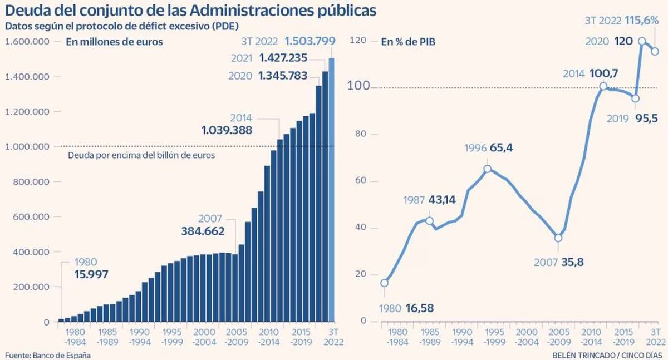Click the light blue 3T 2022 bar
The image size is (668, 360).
click(x=332, y=190)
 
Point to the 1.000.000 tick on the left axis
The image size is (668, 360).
click(x=27, y=147)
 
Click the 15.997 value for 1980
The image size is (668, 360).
click(x=91, y=274)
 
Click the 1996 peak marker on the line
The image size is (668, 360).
click(x=488, y=169)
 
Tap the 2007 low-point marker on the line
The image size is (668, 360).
click(x=558, y=238)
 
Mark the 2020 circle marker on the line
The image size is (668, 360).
click(x=642, y=41)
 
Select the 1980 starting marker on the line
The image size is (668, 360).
click(x=384, y=283)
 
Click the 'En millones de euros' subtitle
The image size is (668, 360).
click(x=114, y=42)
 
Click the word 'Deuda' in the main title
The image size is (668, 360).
click(x=26, y=10)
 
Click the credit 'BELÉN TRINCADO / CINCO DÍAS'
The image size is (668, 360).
click(x=608, y=355)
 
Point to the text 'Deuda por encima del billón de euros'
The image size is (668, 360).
click(x=141, y=155)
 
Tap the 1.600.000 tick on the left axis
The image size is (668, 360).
click(x=27, y=42)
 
